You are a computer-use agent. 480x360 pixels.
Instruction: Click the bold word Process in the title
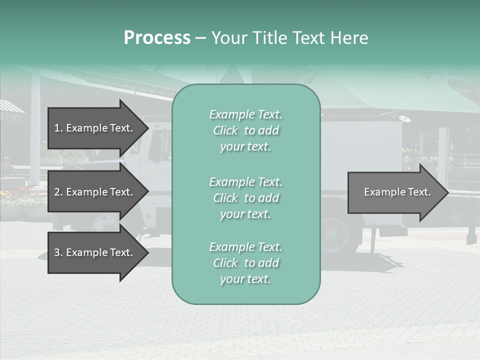click(x=157, y=38)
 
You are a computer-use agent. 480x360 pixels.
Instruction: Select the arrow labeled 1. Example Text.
click(x=95, y=128)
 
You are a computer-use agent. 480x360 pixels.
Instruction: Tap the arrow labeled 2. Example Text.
click(x=95, y=192)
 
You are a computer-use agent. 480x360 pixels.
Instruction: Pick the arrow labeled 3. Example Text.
click(x=95, y=252)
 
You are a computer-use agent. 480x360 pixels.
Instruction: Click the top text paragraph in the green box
click(x=245, y=130)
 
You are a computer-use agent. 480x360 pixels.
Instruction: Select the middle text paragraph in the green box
click(x=245, y=198)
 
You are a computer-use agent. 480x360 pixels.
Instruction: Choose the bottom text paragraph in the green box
click(x=245, y=263)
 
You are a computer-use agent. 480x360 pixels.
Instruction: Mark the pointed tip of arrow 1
click(x=148, y=128)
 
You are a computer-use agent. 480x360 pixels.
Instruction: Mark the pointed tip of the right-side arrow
click(x=448, y=192)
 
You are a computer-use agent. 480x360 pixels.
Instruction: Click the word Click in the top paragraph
click(x=225, y=130)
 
